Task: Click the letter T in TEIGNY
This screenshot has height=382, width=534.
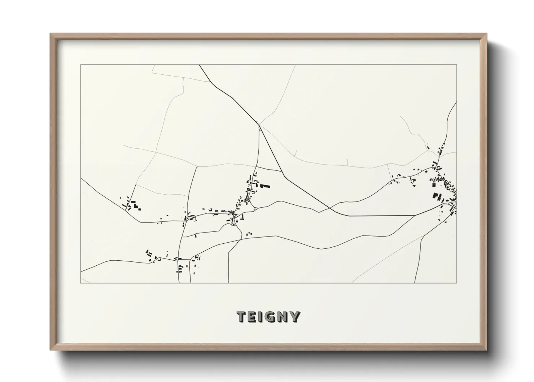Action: pos(242,317)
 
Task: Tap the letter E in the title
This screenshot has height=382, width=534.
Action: pos(253,317)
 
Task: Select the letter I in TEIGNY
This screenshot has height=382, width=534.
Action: pos(262,317)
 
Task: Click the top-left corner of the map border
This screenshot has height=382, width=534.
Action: pos(80,65)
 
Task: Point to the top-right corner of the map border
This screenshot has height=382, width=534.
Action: pos(457,65)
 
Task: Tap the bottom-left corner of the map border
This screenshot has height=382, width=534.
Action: pos(80,283)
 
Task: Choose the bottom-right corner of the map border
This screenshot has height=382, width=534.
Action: pos(457,283)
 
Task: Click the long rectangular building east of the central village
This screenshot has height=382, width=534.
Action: pos(265,186)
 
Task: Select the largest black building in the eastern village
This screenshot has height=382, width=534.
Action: pos(435,196)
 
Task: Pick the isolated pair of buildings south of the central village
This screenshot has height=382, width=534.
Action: pos(249,234)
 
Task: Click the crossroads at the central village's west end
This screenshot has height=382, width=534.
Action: pos(186,218)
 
